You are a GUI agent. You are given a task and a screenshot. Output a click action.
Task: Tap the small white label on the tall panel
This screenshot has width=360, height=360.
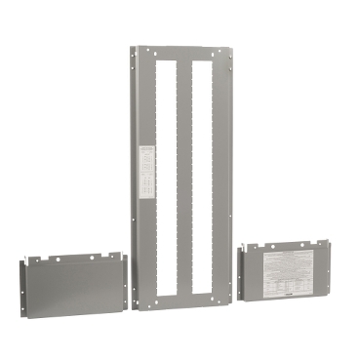[x=147, y=171]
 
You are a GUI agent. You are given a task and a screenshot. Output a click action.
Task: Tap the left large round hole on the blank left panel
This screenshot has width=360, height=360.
[x=57, y=260]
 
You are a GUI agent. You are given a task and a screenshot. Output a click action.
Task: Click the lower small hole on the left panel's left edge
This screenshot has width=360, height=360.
[x=21, y=297]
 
